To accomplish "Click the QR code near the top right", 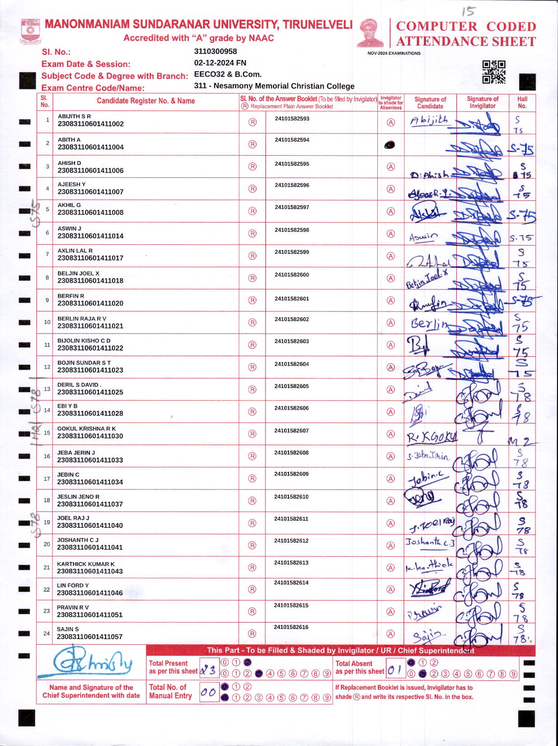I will pyautogui.click(x=493, y=72).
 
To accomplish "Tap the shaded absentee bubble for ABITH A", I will pyautogui.click(x=390, y=145).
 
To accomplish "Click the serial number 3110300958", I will pyautogui.click(x=215, y=51).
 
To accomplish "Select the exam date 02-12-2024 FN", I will pyautogui.click(x=220, y=63).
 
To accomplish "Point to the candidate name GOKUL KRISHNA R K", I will pyautogui.click(x=86, y=429).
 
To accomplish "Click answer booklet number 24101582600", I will pyautogui.click(x=292, y=275).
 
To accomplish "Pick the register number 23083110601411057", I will pyautogui.click(x=90, y=637).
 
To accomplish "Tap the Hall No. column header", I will pyautogui.click(x=522, y=103).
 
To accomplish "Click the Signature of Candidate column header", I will pyautogui.click(x=430, y=103).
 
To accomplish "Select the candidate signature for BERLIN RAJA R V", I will pyautogui.click(x=429, y=324).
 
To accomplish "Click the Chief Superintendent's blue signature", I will pyautogui.click(x=92, y=662).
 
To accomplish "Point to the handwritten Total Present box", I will pyautogui.click(x=208, y=671).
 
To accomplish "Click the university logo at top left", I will pyautogui.click(x=30, y=31).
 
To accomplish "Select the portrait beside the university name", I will pyautogui.click(x=370, y=33).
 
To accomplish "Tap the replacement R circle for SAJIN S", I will pyautogui.click(x=252, y=634).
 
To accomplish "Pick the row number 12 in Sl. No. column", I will pyautogui.click(x=47, y=367).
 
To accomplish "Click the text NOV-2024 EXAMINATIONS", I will pyautogui.click(x=394, y=53).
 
